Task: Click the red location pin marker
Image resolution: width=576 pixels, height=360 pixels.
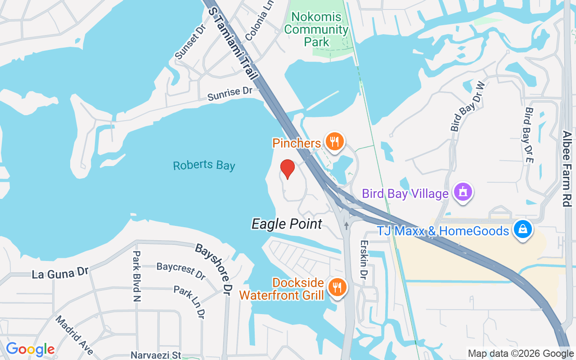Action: pyautogui.click(x=287, y=169)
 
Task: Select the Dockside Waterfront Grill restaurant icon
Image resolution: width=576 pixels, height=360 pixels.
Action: pyautogui.click(x=336, y=287)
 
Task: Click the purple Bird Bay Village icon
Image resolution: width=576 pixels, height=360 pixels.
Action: pyautogui.click(x=462, y=192)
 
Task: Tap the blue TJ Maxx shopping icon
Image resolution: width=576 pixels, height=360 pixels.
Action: pyautogui.click(x=523, y=229)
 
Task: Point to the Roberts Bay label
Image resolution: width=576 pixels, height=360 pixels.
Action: pyautogui.click(x=204, y=165)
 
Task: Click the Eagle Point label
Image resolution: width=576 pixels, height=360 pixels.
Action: pyautogui.click(x=287, y=224)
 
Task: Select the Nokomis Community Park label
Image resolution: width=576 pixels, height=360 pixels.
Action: pyautogui.click(x=316, y=30)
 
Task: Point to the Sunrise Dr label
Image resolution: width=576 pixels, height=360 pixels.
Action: pyautogui.click(x=229, y=94)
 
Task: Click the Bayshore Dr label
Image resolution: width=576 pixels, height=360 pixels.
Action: pyautogui.click(x=215, y=267)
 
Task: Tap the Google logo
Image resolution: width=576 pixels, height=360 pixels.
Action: pyautogui.click(x=30, y=349)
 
